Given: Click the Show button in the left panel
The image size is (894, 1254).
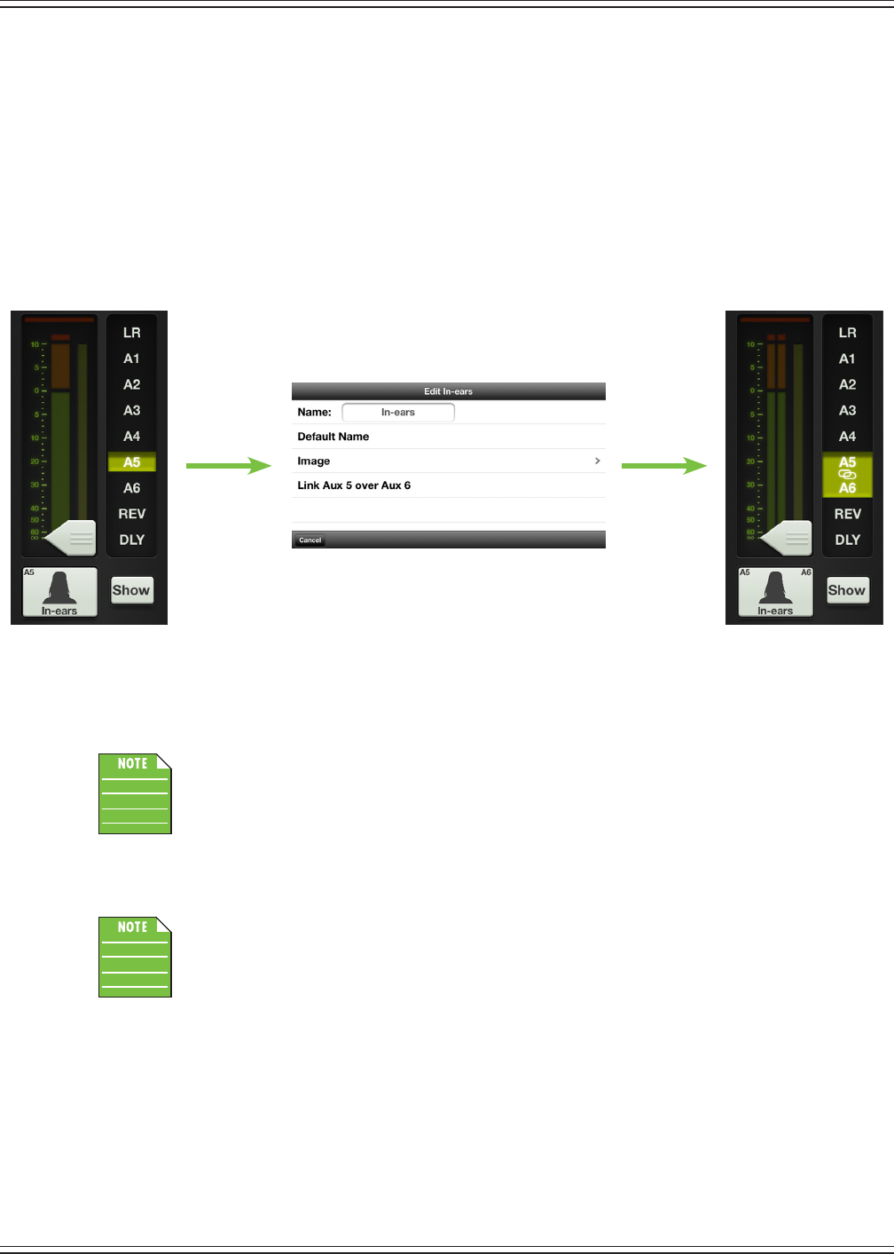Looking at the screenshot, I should pyautogui.click(x=131, y=590).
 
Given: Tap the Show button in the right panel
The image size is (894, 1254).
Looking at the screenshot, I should pyautogui.click(x=846, y=590).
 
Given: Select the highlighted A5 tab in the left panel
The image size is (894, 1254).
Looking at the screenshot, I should pyautogui.click(x=132, y=462).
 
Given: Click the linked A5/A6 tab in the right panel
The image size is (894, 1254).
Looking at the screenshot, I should pyautogui.click(x=847, y=475).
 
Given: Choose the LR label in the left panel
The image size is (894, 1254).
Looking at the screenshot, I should pyautogui.click(x=132, y=333).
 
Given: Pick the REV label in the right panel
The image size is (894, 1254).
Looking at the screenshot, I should pyautogui.click(x=847, y=514).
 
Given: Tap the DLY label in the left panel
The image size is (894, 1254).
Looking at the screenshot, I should pyautogui.click(x=132, y=540).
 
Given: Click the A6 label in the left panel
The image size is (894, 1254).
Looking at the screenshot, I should pyautogui.click(x=132, y=488).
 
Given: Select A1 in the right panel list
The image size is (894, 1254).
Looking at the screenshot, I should pyautogui.click(x=847, y=359).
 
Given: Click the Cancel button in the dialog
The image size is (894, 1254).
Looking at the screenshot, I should pyautogui.click(x=310, y=540).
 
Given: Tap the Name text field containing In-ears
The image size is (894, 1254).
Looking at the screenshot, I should pyautogui.click(x=398, y=412).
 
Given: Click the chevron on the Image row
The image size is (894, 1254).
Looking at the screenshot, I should pyautogui.click(x=598, y=461).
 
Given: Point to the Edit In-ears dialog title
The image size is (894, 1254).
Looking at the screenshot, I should pyautogui.click(x=448, y=391).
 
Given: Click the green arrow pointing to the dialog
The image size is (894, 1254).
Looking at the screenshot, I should pyautogui.click(x=228, y=465).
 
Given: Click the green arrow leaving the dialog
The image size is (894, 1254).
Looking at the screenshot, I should pyautogui.click(x=663, y=465).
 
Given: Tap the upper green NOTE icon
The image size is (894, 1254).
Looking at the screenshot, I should pyautogui.click(x=135, y=793).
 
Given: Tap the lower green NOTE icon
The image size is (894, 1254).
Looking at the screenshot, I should pyautogui.click(x=135, y=957).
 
